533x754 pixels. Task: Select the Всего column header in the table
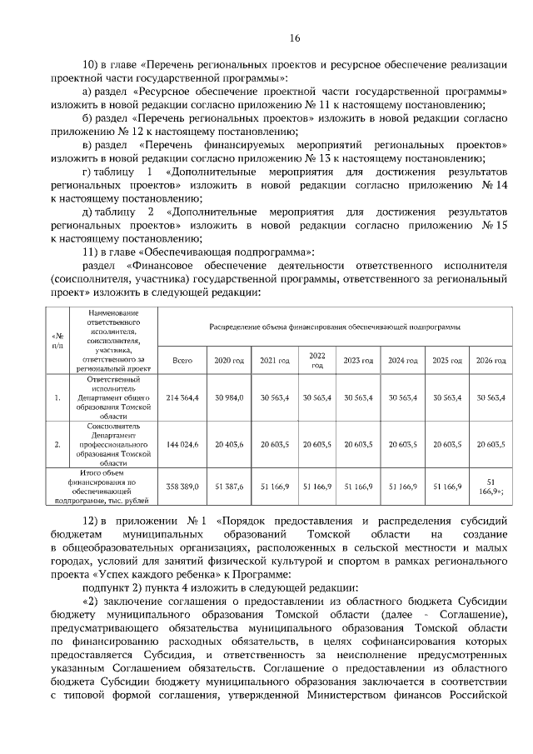(x=182, y=359)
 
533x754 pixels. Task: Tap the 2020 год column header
(x=229, y=359)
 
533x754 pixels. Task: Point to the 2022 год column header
(x=316, y=359)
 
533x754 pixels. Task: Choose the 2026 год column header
(x=490, y=359)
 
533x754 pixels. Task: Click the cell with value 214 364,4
(x=182, y=398)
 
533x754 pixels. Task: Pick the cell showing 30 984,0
(x=229, y=398)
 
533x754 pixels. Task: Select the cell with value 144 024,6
(x=182, y=445)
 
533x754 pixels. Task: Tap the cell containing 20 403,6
(x=229, y=445)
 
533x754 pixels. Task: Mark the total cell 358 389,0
(x=182, y=487)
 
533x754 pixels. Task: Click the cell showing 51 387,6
(x=229, y=487)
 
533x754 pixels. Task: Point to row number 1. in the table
(x=57, y=398)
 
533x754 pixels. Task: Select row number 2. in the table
(x=57, y=445)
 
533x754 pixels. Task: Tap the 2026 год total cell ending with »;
(x=490, y=487)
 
